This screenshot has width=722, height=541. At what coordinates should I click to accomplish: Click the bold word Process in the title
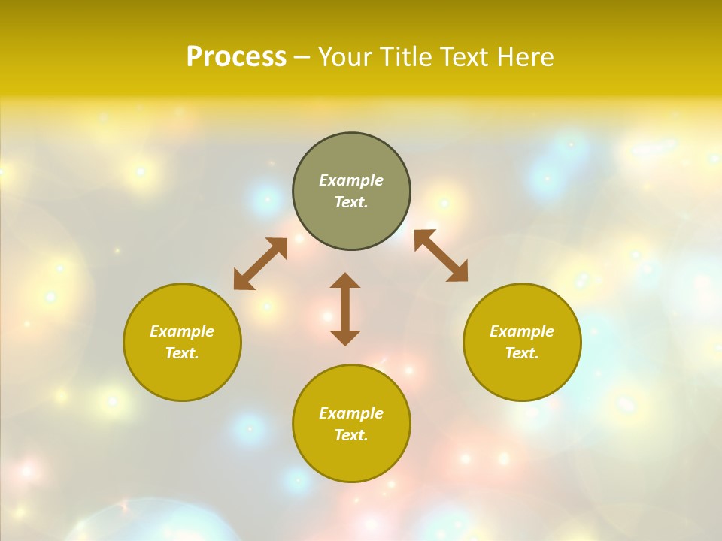(236, 57)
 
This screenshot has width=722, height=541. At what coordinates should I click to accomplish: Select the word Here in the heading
(524, 57)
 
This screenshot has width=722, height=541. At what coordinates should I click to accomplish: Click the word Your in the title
(346, 57)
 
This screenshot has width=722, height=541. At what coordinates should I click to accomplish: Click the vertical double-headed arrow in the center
(345, 309)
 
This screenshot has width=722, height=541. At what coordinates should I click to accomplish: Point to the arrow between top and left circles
(260, 264)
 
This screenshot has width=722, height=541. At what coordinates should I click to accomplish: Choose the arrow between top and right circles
(441, 255)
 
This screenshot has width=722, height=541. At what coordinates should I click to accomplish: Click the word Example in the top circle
(351, 180)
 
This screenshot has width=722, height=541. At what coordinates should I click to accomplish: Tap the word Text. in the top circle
(351, 202)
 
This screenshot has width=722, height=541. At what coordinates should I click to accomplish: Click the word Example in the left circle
(182, 331)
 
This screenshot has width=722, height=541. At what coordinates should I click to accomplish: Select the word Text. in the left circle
(182, 353)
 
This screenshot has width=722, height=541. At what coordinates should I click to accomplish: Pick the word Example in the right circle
(522, 331)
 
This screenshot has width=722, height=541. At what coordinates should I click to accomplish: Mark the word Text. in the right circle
(522, 353)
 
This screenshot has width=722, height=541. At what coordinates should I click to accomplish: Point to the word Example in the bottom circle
(351, 413)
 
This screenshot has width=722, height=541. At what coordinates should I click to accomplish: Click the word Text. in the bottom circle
(351, 435)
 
